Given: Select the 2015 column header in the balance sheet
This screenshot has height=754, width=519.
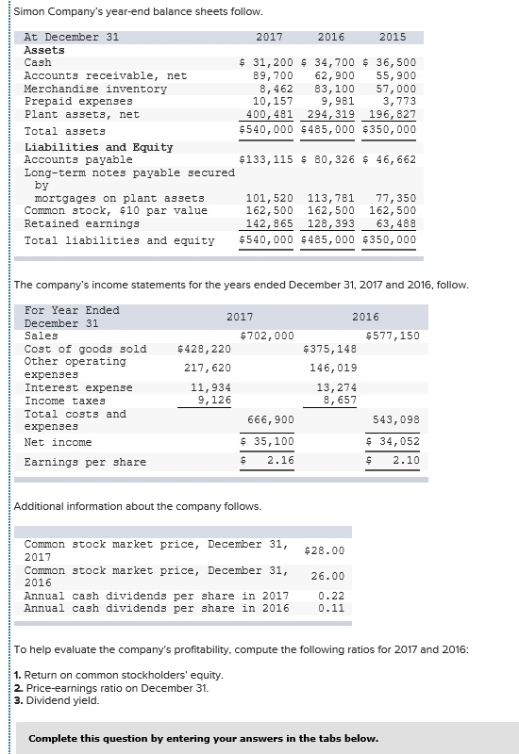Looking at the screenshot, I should tap(392, 37).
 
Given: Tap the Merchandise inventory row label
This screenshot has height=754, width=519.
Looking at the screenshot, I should tap(94, 89).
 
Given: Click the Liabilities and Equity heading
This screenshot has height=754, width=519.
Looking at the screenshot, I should tap(98, 147).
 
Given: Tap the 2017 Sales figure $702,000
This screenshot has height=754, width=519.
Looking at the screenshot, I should tap(268, 336).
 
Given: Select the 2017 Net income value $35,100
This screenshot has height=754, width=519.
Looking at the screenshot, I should tap(268, 441).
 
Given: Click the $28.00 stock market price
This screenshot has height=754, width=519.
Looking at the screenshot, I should tap(325, 550).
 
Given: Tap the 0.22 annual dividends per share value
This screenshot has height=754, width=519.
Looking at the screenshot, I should tap(331, 596).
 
